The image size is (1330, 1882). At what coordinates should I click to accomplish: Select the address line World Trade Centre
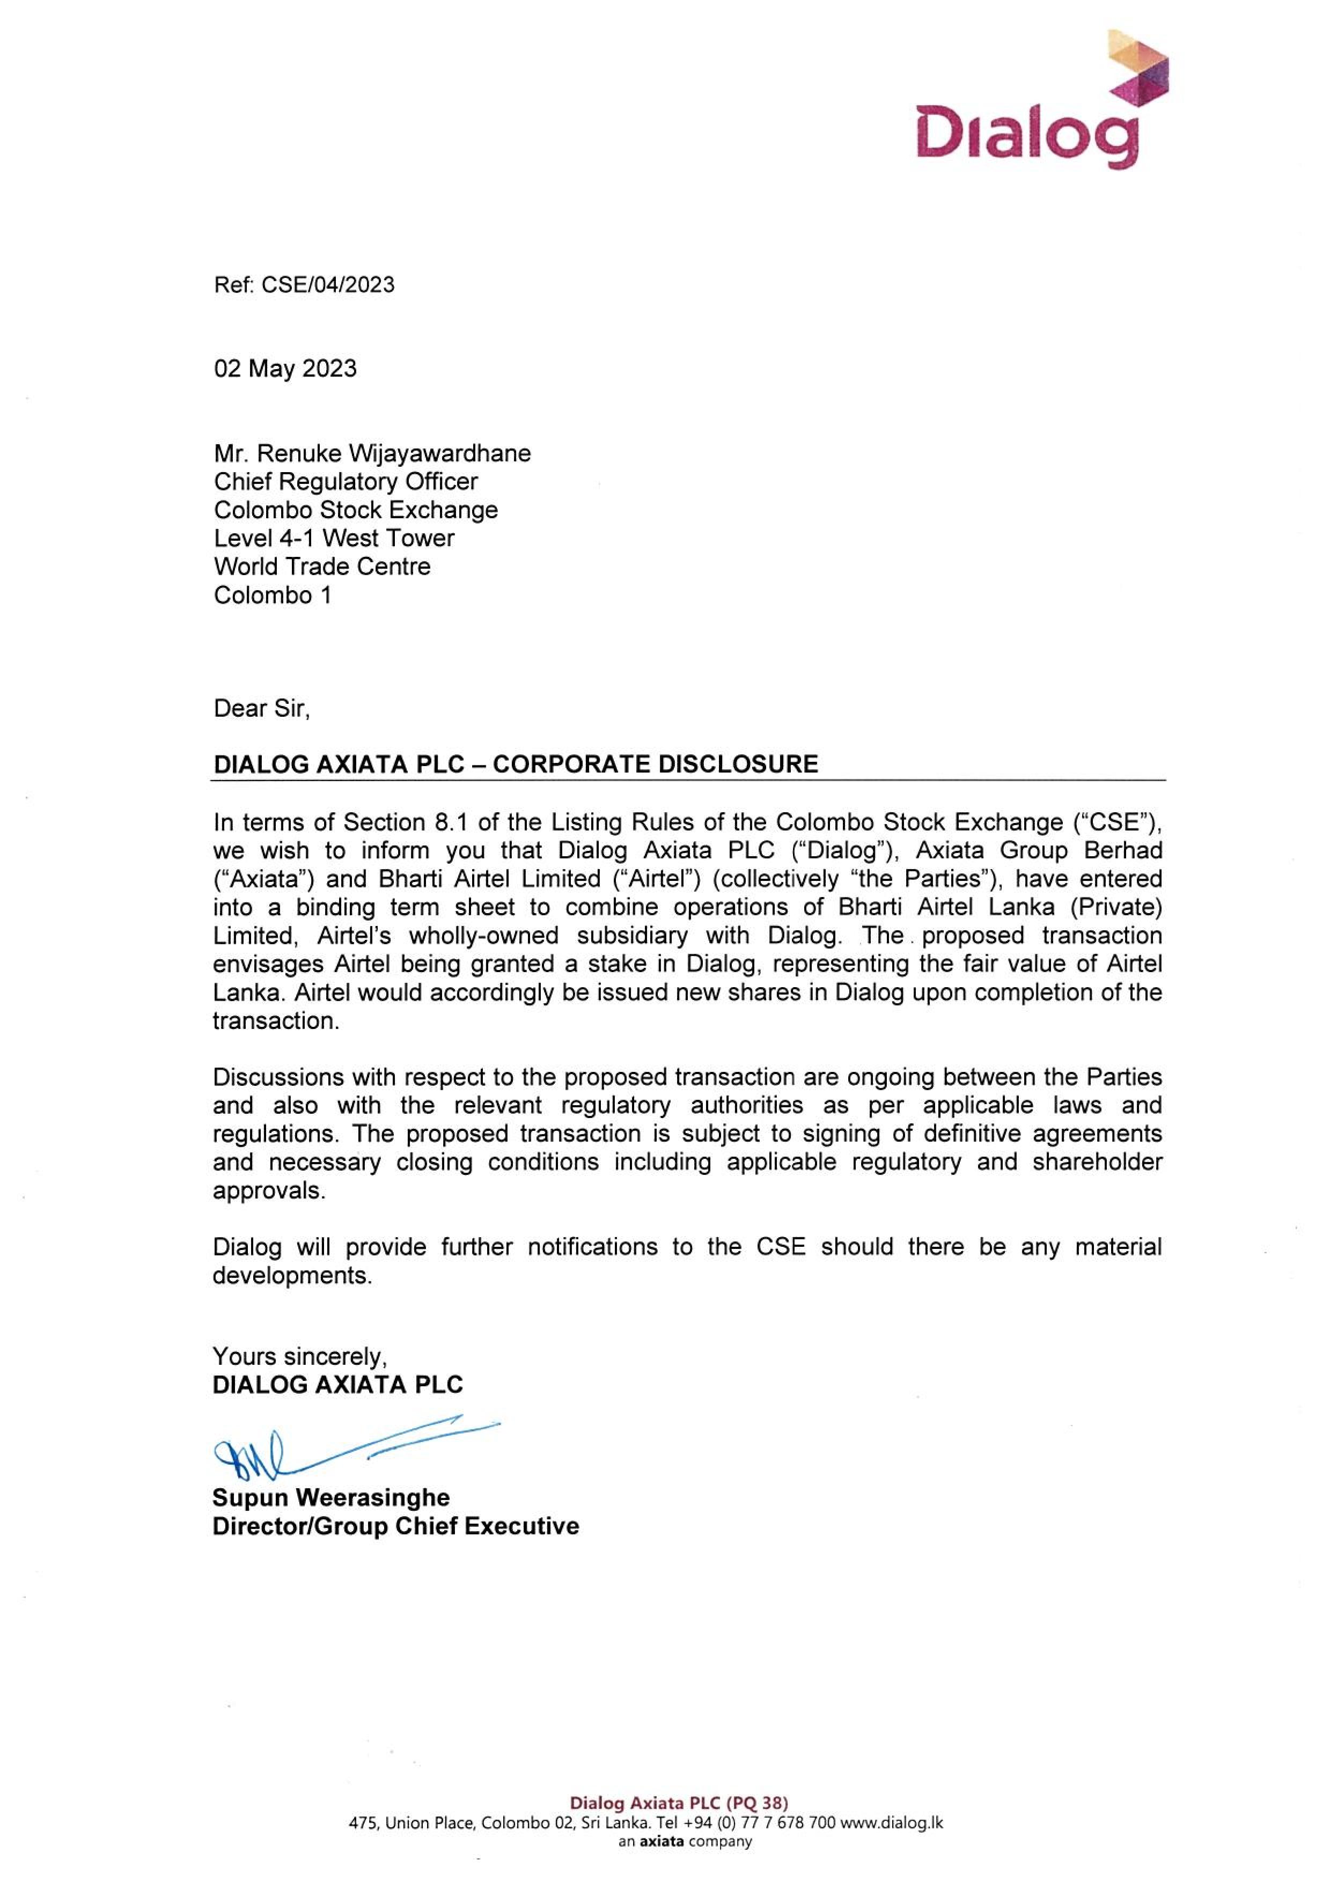click(322, 567)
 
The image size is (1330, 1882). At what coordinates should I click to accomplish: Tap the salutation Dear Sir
click(261, 708)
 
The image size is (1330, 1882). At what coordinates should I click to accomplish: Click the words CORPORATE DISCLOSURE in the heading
click(655, 764)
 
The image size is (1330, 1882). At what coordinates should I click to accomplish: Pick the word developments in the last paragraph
click(292, 1275)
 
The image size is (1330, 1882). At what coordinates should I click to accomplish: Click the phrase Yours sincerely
click(299, 1357)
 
